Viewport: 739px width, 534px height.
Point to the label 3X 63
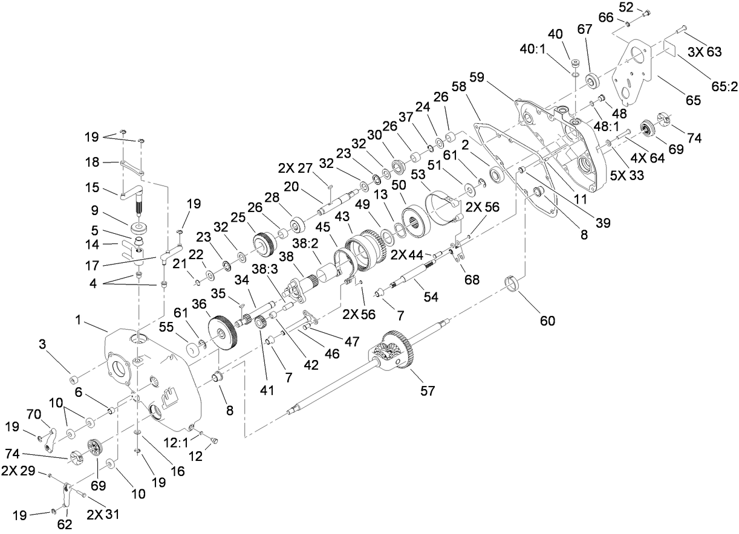click(705, 53)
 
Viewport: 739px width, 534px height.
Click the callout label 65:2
click(724, 86)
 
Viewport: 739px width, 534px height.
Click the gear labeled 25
click(264, 243)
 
